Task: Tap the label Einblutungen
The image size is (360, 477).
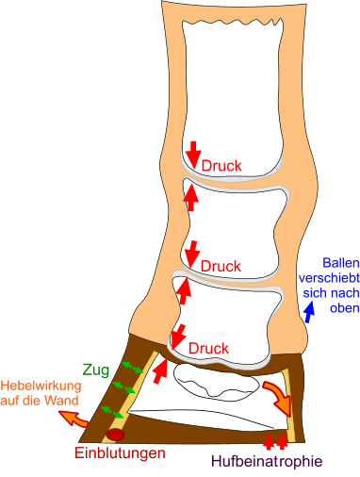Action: [121, 453]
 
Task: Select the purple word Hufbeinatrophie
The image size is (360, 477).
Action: [267, 461]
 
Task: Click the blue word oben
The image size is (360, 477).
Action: [340, 308]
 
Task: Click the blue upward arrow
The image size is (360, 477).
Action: [308, 287]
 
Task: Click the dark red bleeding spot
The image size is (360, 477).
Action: [116, 435]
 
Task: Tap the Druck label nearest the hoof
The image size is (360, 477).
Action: [209, 349]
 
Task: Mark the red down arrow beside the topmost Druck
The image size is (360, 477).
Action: [193, 152]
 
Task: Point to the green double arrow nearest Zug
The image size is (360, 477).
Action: [132, 366]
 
